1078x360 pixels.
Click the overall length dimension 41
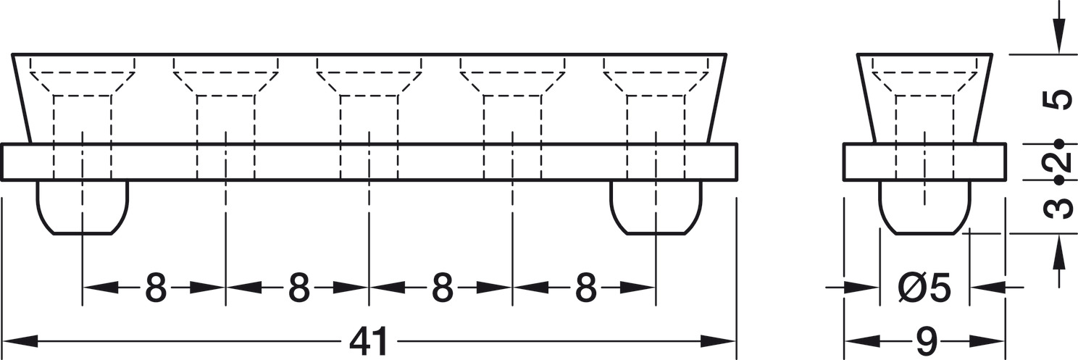point(369,341)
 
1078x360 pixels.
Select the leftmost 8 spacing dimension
point(155,288)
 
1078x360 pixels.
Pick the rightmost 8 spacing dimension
point(585,288)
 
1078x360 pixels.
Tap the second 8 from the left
point(298,288)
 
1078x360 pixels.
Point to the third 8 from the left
point(442,288)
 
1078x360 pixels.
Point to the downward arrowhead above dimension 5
point(1059,40)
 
